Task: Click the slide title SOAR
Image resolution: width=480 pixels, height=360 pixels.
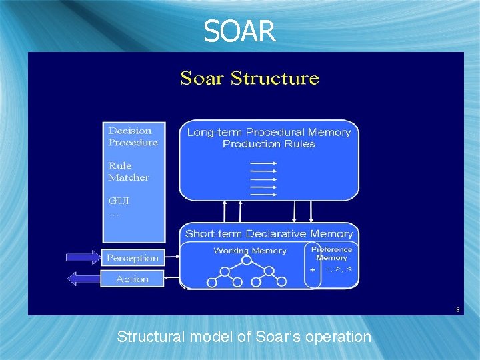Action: tap(239, 31)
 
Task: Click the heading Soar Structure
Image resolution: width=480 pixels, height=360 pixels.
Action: tap(249, 78)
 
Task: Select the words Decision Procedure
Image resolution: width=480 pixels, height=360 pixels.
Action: tap(133, 137)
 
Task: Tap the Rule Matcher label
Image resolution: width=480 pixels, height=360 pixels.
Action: tap(129, 171)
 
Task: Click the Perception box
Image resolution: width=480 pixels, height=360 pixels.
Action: tap(133, 258)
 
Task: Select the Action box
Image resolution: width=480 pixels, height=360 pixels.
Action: tap(132, 279)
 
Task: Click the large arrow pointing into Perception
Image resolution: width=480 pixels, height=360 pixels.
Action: tap(82, 257)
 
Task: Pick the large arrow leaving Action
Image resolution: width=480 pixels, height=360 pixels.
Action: tap(83, 279)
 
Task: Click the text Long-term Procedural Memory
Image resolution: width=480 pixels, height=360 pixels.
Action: tap(269, 132)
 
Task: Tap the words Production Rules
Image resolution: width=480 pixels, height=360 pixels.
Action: tap(269, 143)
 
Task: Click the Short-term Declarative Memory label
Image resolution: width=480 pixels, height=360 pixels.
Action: tap(269, 233)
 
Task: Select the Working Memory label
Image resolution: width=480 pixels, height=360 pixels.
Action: tap(250, 251)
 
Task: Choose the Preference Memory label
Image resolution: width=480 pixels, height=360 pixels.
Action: tap(331, 253)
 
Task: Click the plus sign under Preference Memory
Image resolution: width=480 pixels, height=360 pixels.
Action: tap(312, 270)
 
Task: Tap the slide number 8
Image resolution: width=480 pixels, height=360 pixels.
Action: tap(457, 309)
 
